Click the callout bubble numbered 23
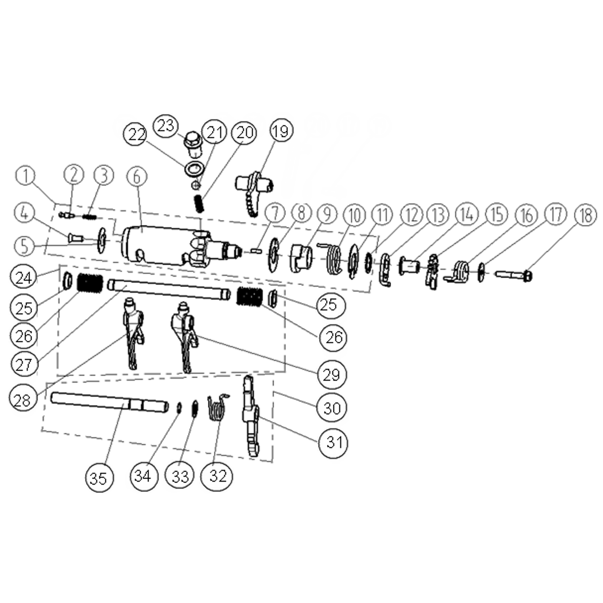click(166, 126)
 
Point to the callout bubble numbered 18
click(585, 215)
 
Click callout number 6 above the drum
click(137, 177)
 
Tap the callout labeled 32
click(217, 476)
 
